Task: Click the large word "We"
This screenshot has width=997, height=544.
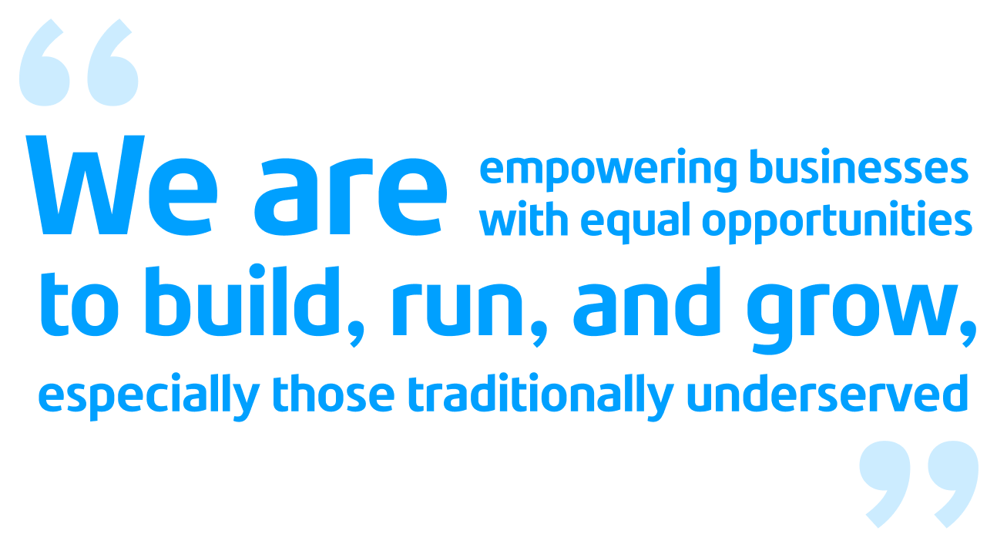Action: [122, 185]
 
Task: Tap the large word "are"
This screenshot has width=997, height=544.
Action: [351, 196]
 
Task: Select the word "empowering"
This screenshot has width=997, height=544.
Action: [609, 170]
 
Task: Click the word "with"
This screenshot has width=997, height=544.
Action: [524, 219]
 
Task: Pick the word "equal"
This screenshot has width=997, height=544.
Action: [636, 223]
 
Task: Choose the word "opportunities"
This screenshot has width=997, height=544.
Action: [837, 223]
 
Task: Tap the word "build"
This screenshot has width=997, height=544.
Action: [242, 301]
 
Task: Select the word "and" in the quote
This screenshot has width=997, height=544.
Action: [646, 301]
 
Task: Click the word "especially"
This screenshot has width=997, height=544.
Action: [149, 397]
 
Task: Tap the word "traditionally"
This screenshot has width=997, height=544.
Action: [541, 397]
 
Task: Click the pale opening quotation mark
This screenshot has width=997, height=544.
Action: [79, 62]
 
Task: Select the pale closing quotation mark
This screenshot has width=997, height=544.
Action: [918, 485]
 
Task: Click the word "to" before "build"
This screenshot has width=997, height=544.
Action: [79, 304]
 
